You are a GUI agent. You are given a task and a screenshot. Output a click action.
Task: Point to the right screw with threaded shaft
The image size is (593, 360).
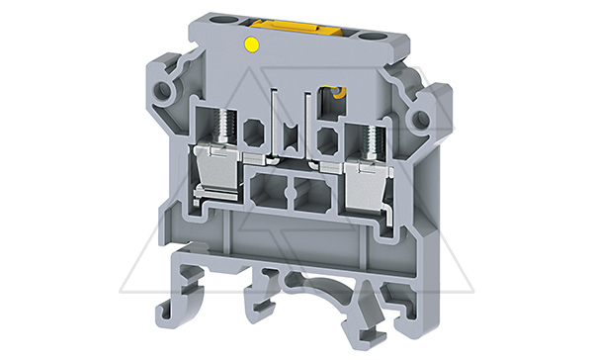pos(372,137)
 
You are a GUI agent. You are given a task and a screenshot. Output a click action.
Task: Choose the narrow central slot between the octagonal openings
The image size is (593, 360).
pos(292,134)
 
